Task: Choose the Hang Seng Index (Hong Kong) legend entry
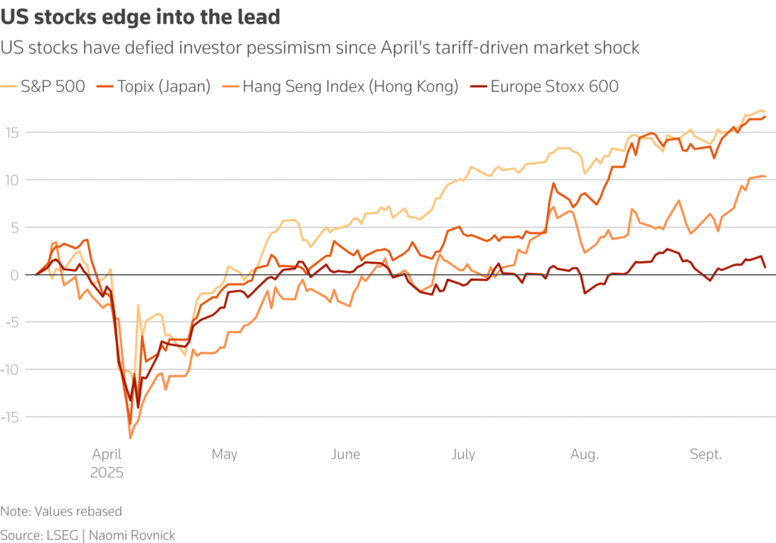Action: pyautogui.click(x=351, y=86)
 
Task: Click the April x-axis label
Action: pyautogui.click(x=107, y=454)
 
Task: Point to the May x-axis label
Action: pyautogui.click(x=224, y=454)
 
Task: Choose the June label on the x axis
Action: pyautogui.click(x=346, y=454)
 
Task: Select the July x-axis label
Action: pyautogui.click(x=463, y=454)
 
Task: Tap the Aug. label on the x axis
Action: pyautogui.click(x=584, y=454)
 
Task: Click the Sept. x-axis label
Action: pyautogui.click(x=706, y=454)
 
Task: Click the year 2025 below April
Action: pyautogui.click(x=107, y=472)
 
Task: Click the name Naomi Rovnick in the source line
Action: pyautogui.click(x=132, y=535)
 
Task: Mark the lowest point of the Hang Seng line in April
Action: pyautogui.click(x=130, y=438)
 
